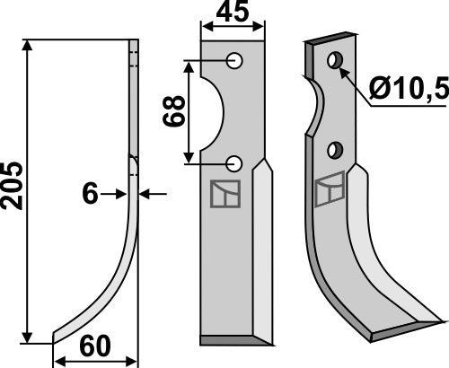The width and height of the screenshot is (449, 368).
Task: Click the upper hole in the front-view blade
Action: coord(234,61)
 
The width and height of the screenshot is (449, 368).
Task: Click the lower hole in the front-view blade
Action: coord(234,162)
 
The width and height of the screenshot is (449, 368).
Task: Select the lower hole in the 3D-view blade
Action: coord(335,147)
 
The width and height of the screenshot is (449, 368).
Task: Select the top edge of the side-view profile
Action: coord(134,41)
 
